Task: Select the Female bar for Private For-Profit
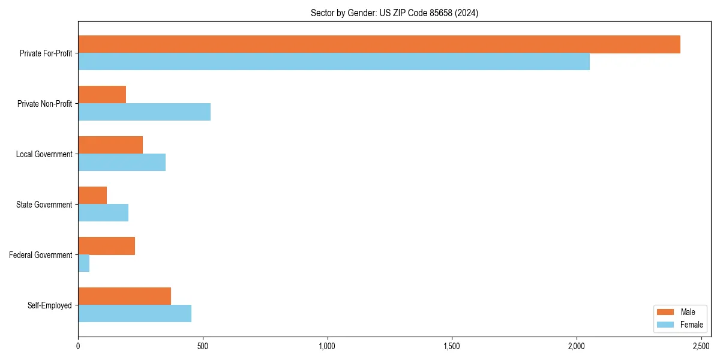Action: (334, 62)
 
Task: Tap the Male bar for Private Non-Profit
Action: (102, 95)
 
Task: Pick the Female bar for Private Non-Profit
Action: (144, 112)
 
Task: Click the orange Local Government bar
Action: (110, 145)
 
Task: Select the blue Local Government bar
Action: (122, 163)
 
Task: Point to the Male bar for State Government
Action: (92, 196)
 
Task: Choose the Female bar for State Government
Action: (103, 213)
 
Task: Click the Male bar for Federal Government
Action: (106, 246)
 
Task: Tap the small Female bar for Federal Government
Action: (84, 263)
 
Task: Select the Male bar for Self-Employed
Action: (124, 296)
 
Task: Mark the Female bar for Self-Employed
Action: (134, 314)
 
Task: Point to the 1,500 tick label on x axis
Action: (452, 346)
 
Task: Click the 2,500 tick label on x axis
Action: (701, 346)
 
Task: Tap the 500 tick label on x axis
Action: (203, 346)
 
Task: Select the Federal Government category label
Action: (41, 255)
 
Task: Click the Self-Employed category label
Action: (50, 305)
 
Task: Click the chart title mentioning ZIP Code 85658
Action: (394, 13)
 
